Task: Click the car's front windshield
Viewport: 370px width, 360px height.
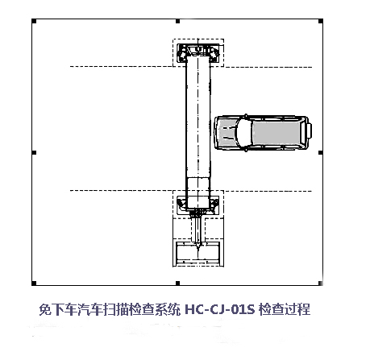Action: click(243, 132)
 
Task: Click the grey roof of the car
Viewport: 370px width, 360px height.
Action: click(276, 132)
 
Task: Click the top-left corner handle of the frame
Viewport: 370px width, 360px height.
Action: click(34, 21)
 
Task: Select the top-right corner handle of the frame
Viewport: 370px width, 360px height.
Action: click(321, 21)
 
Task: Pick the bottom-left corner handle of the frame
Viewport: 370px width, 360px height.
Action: click(34, 283)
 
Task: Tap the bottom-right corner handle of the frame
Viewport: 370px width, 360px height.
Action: click(320, 283)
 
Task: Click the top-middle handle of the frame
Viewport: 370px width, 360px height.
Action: click(177, 21)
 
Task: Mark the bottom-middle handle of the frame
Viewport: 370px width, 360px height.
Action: click(177, 283)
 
